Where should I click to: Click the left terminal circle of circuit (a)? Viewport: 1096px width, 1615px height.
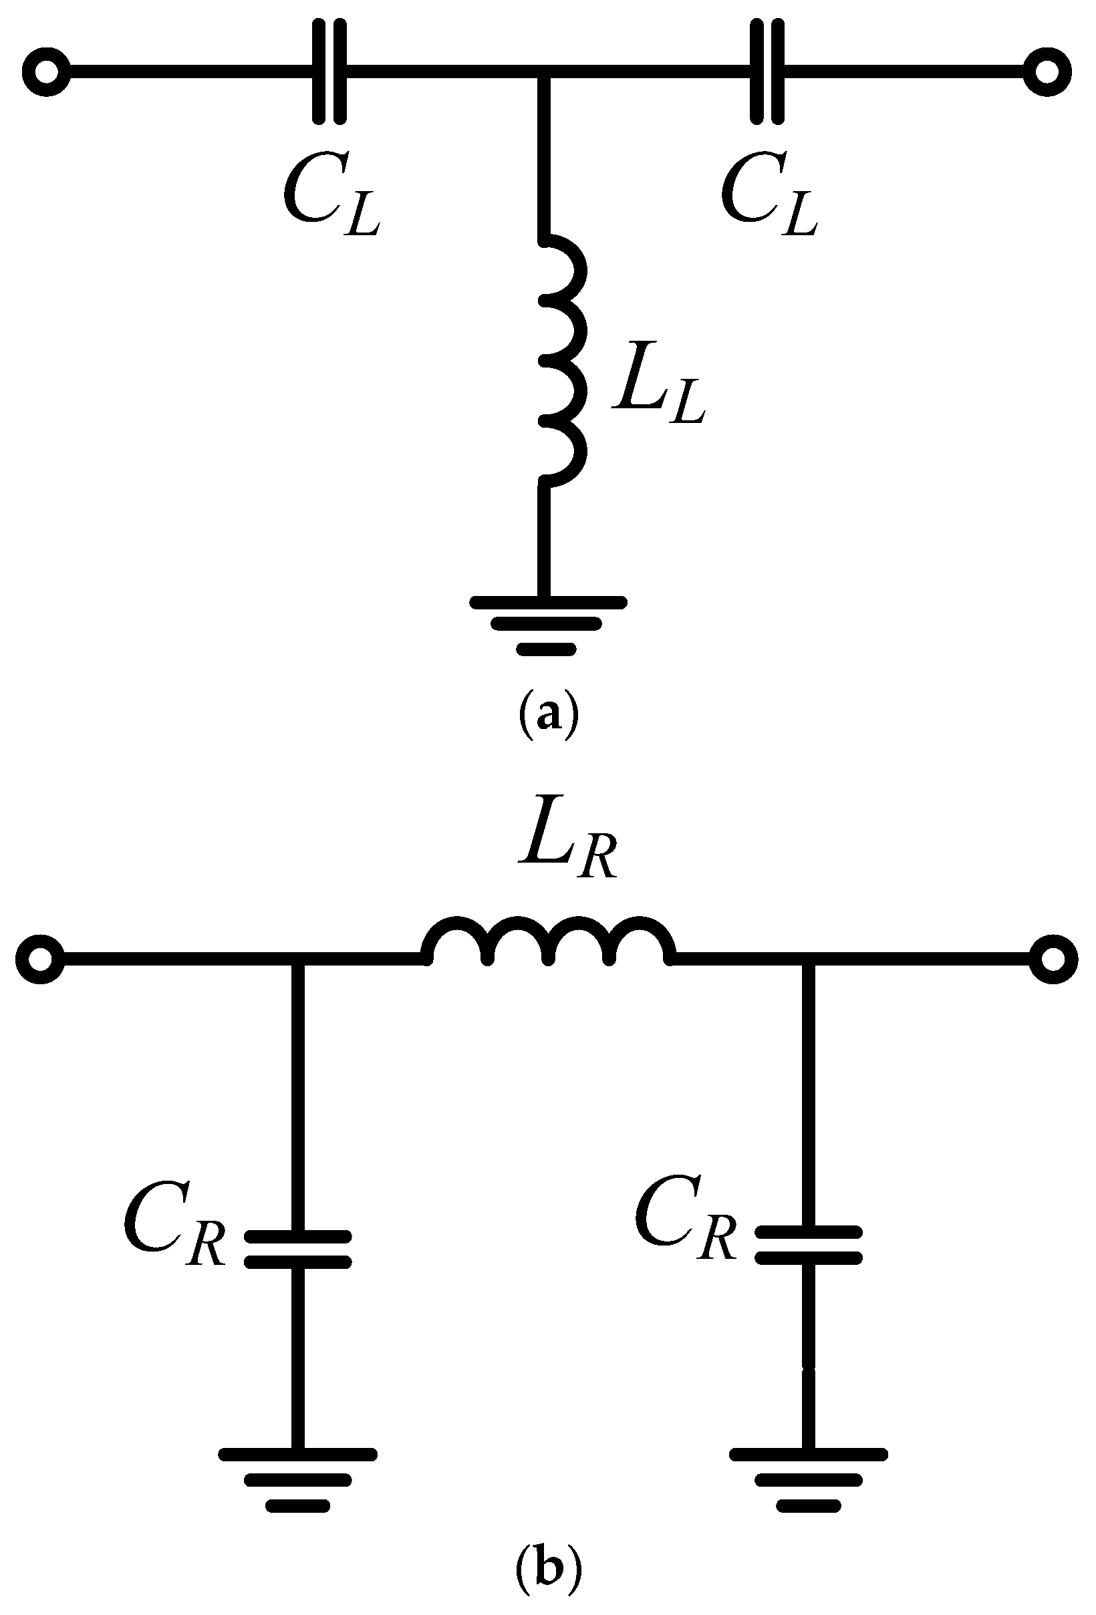click(46, 71)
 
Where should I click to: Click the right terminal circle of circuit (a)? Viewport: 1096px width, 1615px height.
click(1047, 71)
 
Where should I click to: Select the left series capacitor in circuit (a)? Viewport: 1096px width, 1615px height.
click(329, 71)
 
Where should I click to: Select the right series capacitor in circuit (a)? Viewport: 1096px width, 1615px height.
click(767, 71)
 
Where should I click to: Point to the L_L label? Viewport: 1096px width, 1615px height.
click(658, 384)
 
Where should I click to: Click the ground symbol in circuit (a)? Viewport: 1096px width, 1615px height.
click(547, 624)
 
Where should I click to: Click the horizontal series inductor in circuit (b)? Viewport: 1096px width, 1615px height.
click(547, 941)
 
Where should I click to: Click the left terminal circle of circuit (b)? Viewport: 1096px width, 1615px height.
click(40, 960)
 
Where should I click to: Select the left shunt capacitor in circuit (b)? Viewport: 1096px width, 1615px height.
click(297, 1249)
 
